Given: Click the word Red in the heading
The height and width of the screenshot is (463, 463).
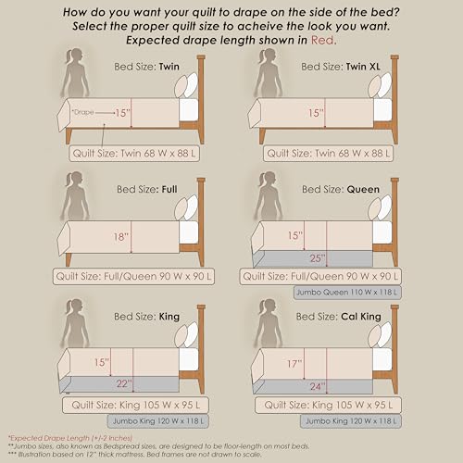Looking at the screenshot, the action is click(323, 40).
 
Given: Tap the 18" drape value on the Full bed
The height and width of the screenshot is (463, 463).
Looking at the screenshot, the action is click(121, 237).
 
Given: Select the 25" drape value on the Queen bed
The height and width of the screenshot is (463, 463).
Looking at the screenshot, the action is click(318, 258).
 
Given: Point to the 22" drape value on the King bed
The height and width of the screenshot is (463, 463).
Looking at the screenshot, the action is click(124, 383).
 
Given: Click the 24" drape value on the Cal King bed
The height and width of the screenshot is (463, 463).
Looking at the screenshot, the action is click(318, 386).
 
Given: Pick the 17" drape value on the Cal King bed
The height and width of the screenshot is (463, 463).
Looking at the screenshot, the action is click(294, 364).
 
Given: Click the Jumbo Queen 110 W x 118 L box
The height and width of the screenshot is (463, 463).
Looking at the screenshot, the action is click(347, 292).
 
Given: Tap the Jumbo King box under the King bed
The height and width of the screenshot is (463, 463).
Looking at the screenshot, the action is click(158, 421).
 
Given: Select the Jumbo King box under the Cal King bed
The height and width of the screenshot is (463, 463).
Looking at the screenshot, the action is click(351, 421).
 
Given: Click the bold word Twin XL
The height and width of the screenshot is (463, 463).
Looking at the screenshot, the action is click(363, 67).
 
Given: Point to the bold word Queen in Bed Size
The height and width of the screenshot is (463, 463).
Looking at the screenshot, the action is click(363, 189).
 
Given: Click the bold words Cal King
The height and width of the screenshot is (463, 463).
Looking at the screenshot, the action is click(361, 317).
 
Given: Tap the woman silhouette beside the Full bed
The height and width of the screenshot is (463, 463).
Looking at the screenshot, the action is click(75, 195).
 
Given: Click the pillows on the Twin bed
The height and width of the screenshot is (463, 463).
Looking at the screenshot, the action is click(186, 85).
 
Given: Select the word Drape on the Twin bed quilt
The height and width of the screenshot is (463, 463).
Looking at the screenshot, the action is click(82, 112).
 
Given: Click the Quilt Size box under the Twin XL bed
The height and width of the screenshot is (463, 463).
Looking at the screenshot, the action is click(328, 154).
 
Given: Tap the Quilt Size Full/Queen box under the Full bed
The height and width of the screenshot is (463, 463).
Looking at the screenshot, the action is click(133, 276).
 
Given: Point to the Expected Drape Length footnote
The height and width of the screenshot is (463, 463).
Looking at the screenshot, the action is click(70, 438).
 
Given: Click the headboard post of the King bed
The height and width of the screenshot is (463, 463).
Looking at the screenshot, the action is click(201, 349).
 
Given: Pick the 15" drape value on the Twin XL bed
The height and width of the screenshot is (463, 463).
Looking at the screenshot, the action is click(316, 113).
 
